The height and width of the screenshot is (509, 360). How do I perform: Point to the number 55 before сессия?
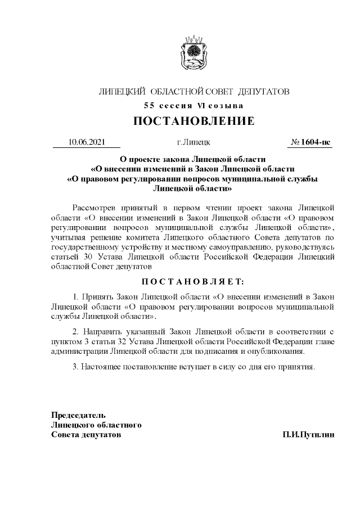[x=148, y=105]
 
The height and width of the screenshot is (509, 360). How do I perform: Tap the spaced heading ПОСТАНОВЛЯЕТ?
[x=193, y=280]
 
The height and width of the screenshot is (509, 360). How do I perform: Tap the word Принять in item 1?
[x=99, y=296]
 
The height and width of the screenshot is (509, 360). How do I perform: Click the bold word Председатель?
[x=78, y=415]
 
